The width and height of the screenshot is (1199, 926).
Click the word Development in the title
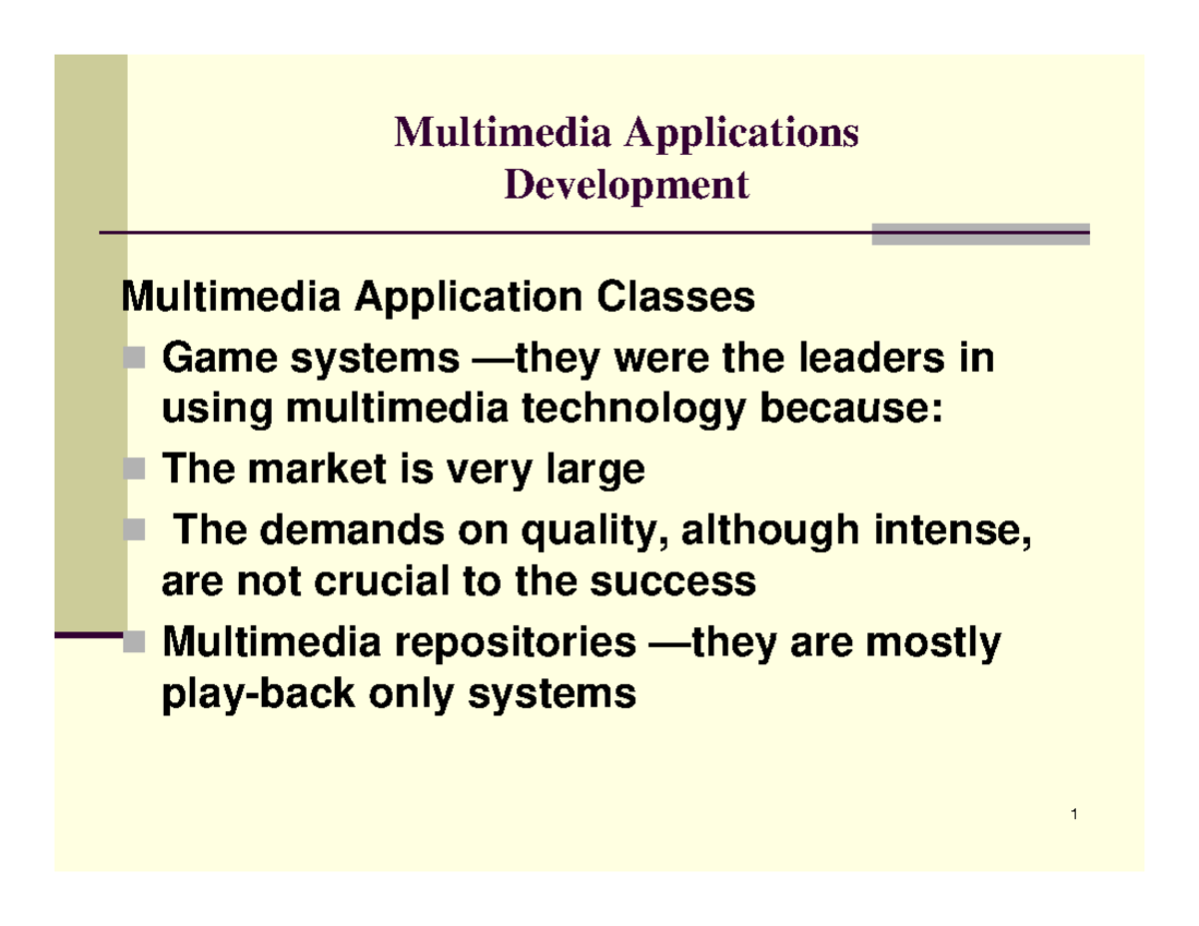click(x=626, y=186)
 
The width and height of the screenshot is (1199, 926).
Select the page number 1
click(x=1072, y=819)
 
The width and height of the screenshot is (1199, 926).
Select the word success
click(x=688, y=581)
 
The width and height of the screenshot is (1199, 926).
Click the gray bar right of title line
click(x=979, y=234)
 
